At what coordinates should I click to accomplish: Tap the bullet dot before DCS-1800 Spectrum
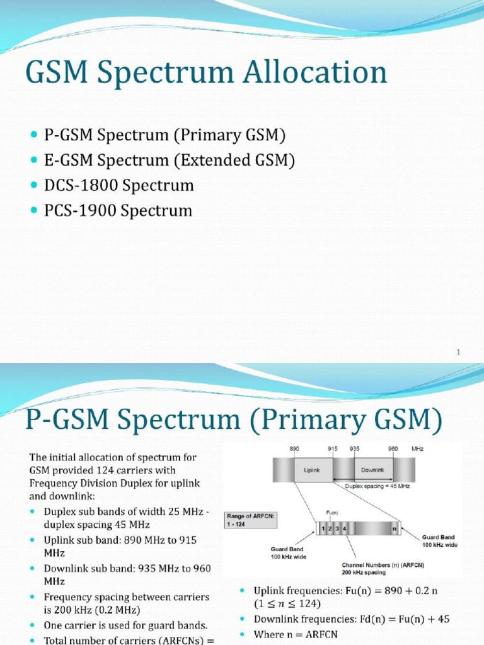(34, 186)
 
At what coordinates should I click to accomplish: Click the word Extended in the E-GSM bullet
(208, 161)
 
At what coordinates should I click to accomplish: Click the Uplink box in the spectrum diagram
(313, 469)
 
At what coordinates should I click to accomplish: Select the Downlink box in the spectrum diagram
(369, 469)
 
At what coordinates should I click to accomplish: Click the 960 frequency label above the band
(393, 448)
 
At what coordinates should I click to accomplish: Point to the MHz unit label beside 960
(417, 448)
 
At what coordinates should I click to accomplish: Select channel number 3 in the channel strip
(337, 529)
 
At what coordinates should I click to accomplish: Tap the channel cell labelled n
(395, 529)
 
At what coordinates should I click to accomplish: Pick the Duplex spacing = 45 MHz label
(374, 486)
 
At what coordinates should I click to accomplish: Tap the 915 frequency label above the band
(333, 448)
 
